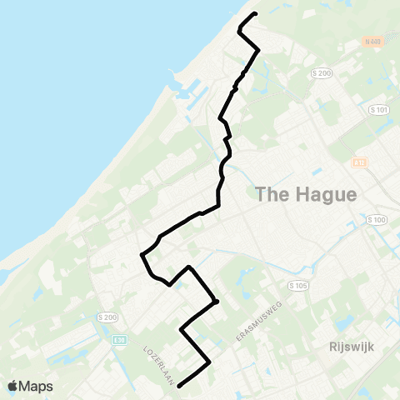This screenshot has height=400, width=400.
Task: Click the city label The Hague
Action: pyautogui.click(x=305, y=195)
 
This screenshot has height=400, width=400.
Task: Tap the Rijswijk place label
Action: pyautogui.click(x=342, y=344)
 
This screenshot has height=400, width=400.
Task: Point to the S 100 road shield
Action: pyautogui.click(x=377, y=220)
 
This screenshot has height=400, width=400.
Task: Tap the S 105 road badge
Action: pyautogui.click(x=298, y=285)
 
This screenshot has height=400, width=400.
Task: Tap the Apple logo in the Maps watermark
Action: pyautogui.click(x=13, y=386)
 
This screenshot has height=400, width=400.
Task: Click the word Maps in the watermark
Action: pyautogui.click(x=37, y=386)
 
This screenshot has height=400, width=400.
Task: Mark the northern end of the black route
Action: pyautogui.click(x=255, y=14)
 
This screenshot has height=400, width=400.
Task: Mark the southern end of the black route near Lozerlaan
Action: pyautogui.click(x=179, y=385)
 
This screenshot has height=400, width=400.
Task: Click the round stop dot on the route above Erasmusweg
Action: pyautogui.click(x=216, y=302)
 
